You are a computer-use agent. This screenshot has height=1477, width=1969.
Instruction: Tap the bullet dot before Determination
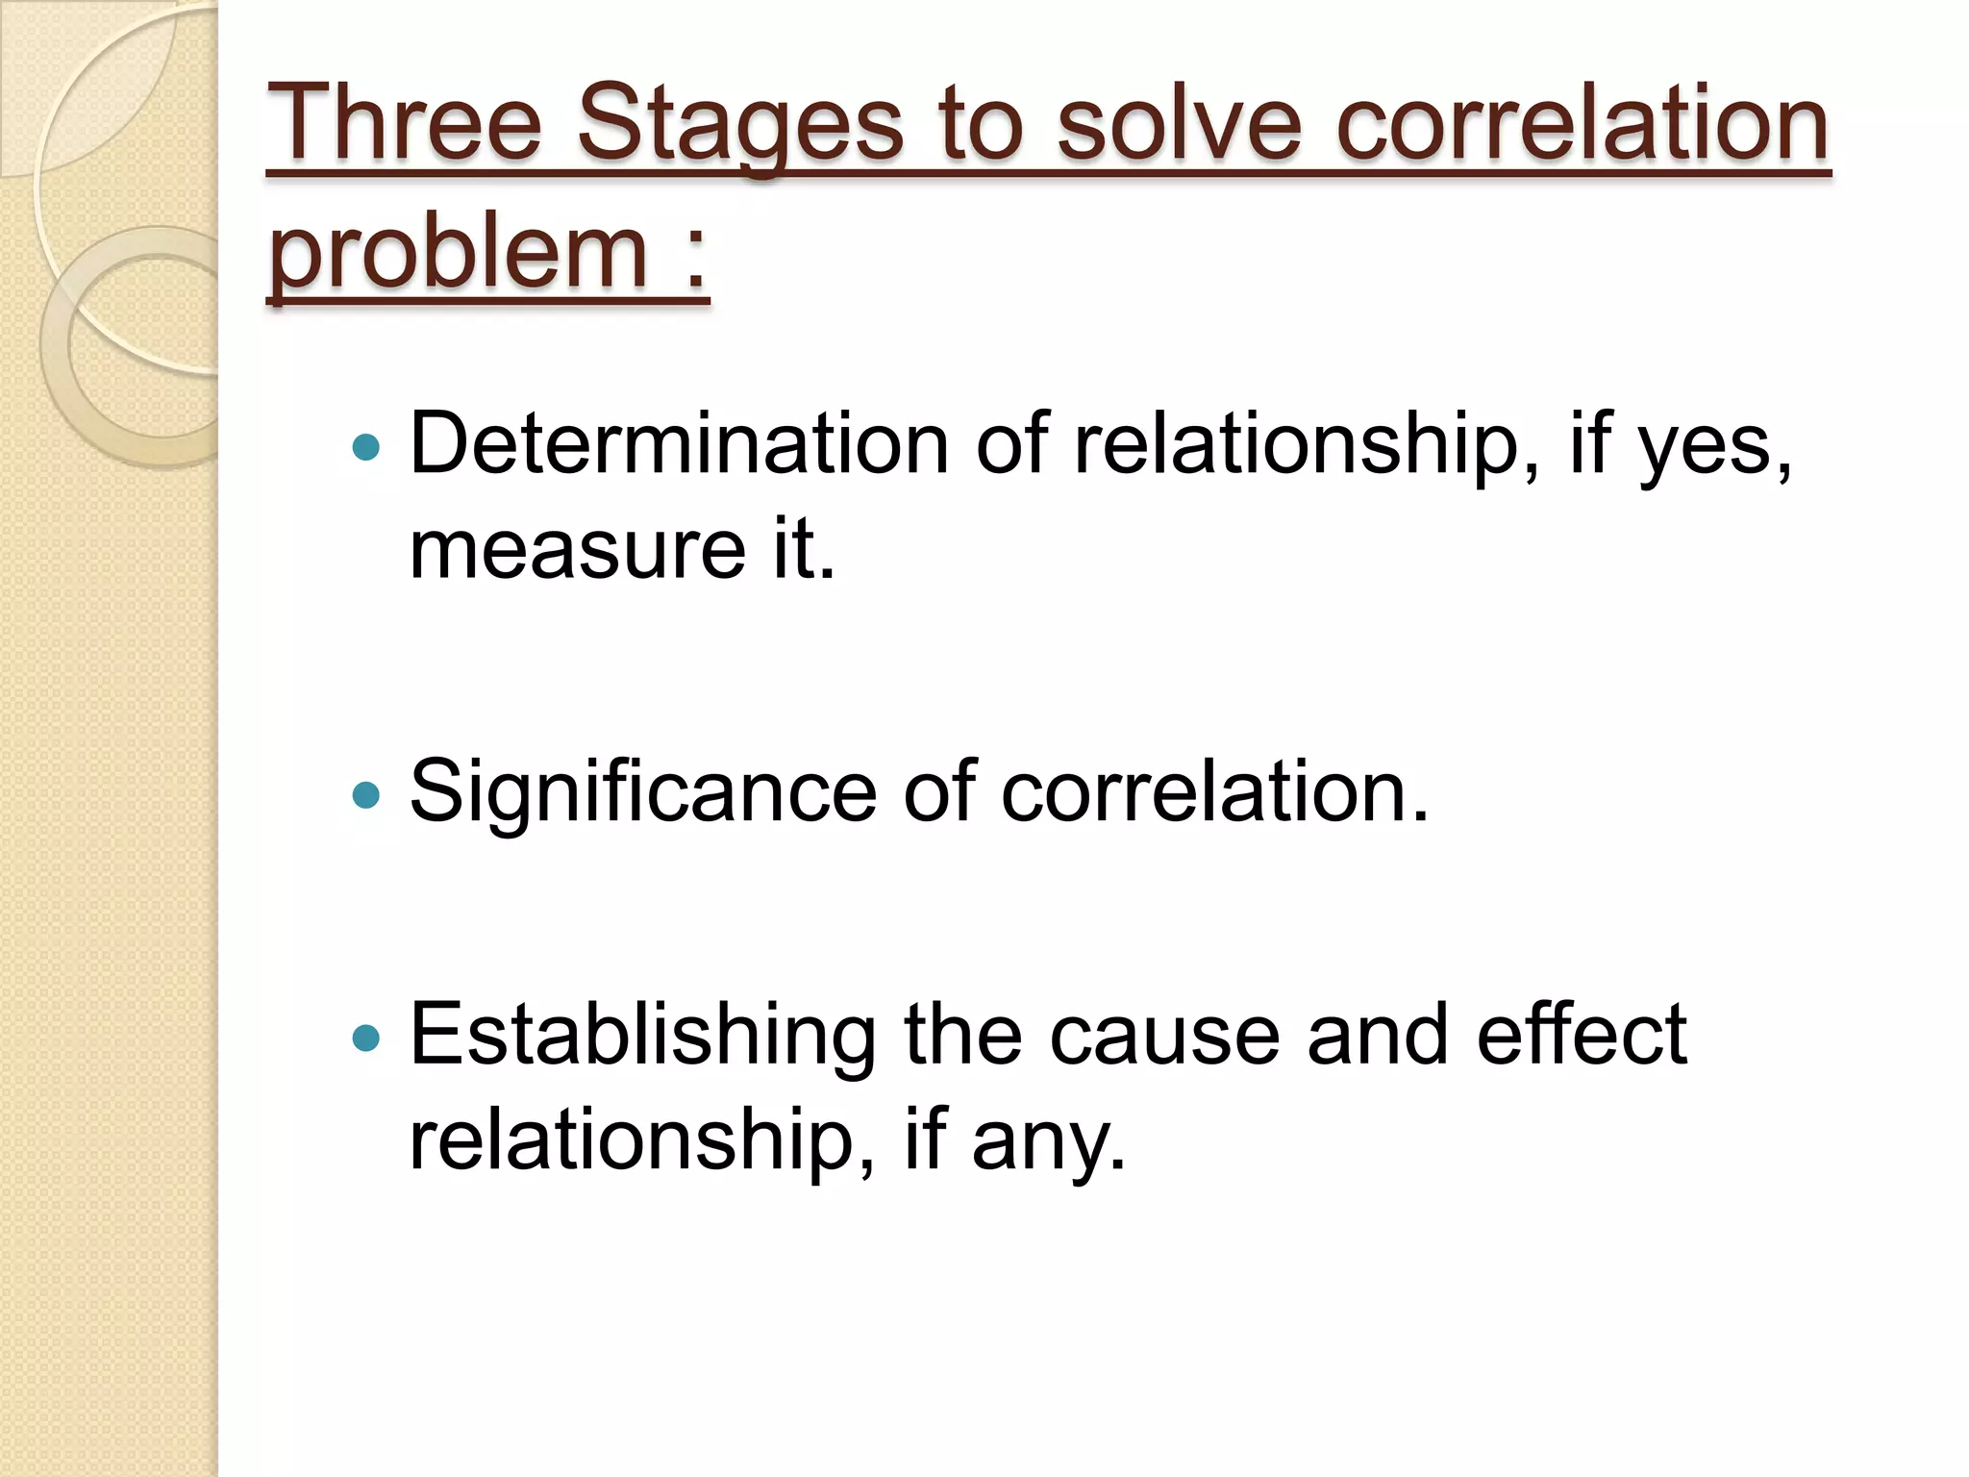[366, 447]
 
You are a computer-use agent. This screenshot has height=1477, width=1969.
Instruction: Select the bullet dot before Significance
[366, 795]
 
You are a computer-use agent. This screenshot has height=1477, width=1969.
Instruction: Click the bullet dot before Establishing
[366, 1039]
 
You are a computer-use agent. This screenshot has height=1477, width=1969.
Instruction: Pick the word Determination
[679, 444]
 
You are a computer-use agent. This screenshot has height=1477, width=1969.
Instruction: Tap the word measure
[577, 550]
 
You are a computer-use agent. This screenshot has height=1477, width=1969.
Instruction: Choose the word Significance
[642, 793]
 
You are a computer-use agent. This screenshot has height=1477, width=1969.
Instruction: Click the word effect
[1582, 1035]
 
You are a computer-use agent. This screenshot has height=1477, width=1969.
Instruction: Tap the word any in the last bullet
[1047, 1142]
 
